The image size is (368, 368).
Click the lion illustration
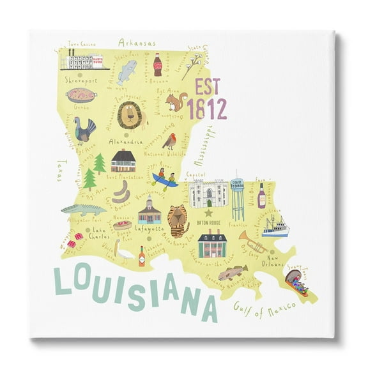pos(131,115)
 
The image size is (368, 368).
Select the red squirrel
pos(176,101)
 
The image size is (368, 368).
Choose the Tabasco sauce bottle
pos(141,256)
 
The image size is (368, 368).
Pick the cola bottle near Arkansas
pos(157,65)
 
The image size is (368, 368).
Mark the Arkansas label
pos(137,43)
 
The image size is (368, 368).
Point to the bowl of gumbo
pos(81,96)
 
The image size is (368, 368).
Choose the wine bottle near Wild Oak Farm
pos(261,195)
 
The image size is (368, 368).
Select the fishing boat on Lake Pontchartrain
pos(277,225)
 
